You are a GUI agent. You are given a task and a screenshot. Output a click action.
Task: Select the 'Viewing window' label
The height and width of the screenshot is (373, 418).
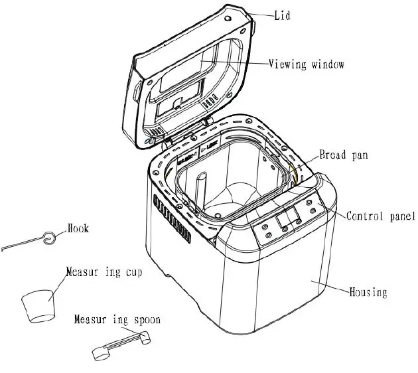(307, 64)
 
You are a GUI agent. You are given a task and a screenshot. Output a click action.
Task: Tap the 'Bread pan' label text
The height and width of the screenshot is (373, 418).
(343, 155)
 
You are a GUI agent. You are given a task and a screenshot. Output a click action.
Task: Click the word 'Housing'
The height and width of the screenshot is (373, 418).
(368, 291)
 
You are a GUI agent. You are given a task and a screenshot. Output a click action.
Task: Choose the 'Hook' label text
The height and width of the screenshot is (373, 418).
(78, 229)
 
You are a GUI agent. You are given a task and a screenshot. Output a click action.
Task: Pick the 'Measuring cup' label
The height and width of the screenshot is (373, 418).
(103, 272)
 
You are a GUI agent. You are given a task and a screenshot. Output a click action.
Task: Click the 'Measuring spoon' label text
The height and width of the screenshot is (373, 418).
(117, 320)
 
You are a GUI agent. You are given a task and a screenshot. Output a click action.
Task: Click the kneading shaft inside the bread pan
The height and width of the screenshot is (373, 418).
(203, 189)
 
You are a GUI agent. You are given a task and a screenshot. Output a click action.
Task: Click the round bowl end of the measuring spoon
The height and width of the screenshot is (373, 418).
(102, 354)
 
